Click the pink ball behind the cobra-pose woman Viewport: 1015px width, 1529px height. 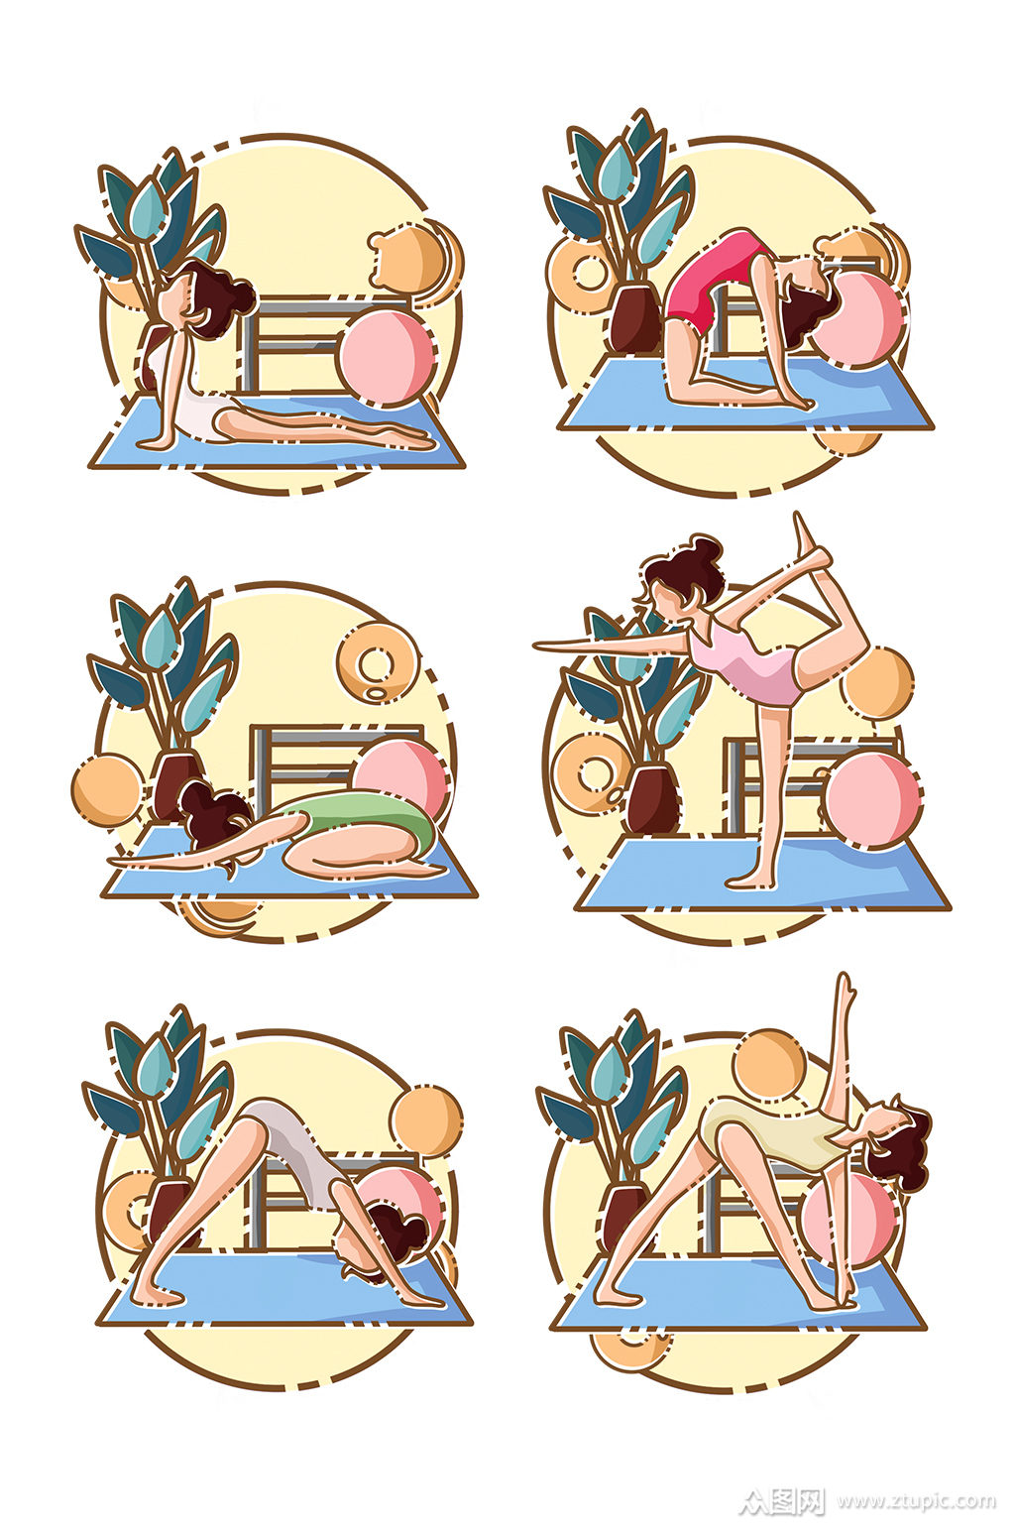pyautogui.click(x=387, y=358)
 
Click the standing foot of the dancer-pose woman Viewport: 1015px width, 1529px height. pyautogui.click(x=748, y=882)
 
